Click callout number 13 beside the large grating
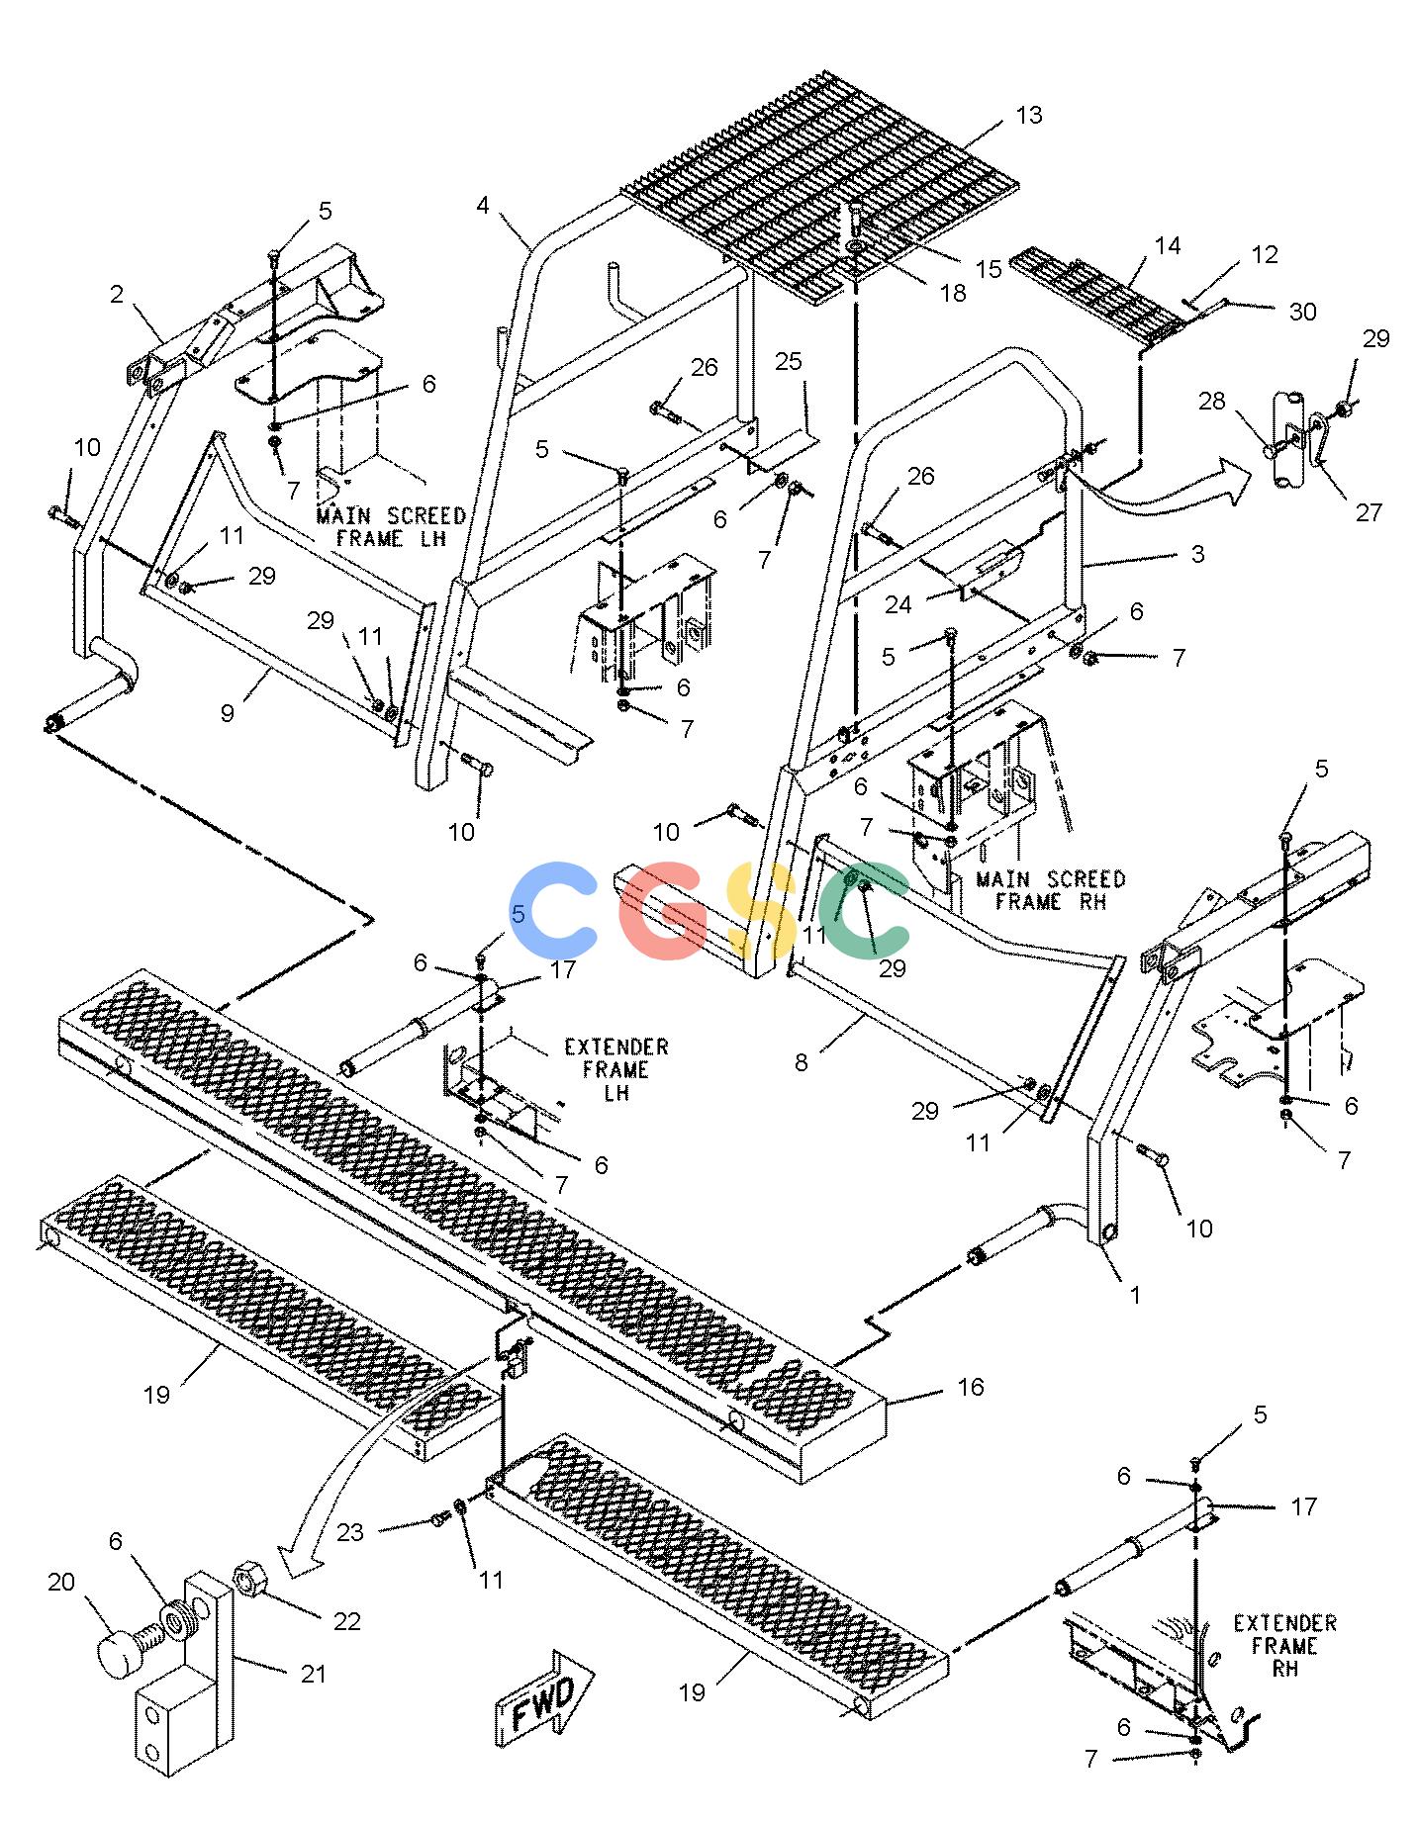[1029, 116]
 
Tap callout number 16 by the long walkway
[971, 1387]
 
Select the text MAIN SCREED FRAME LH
[391, 527]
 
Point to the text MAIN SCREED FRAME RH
[1050, 890]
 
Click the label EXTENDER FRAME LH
[615, 1069]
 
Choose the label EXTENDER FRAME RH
[1284, 1646]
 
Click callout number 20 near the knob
[61, 1583]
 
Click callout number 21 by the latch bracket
[313, 1674]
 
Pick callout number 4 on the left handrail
[483, 206]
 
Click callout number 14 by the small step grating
[1168, 245]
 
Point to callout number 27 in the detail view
[1369, 511]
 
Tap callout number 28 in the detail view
[1212, 401]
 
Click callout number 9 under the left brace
[228, 712]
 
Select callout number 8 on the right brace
[801, 1063]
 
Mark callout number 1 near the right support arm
[1136, 1294]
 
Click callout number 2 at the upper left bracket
[117, 294]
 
